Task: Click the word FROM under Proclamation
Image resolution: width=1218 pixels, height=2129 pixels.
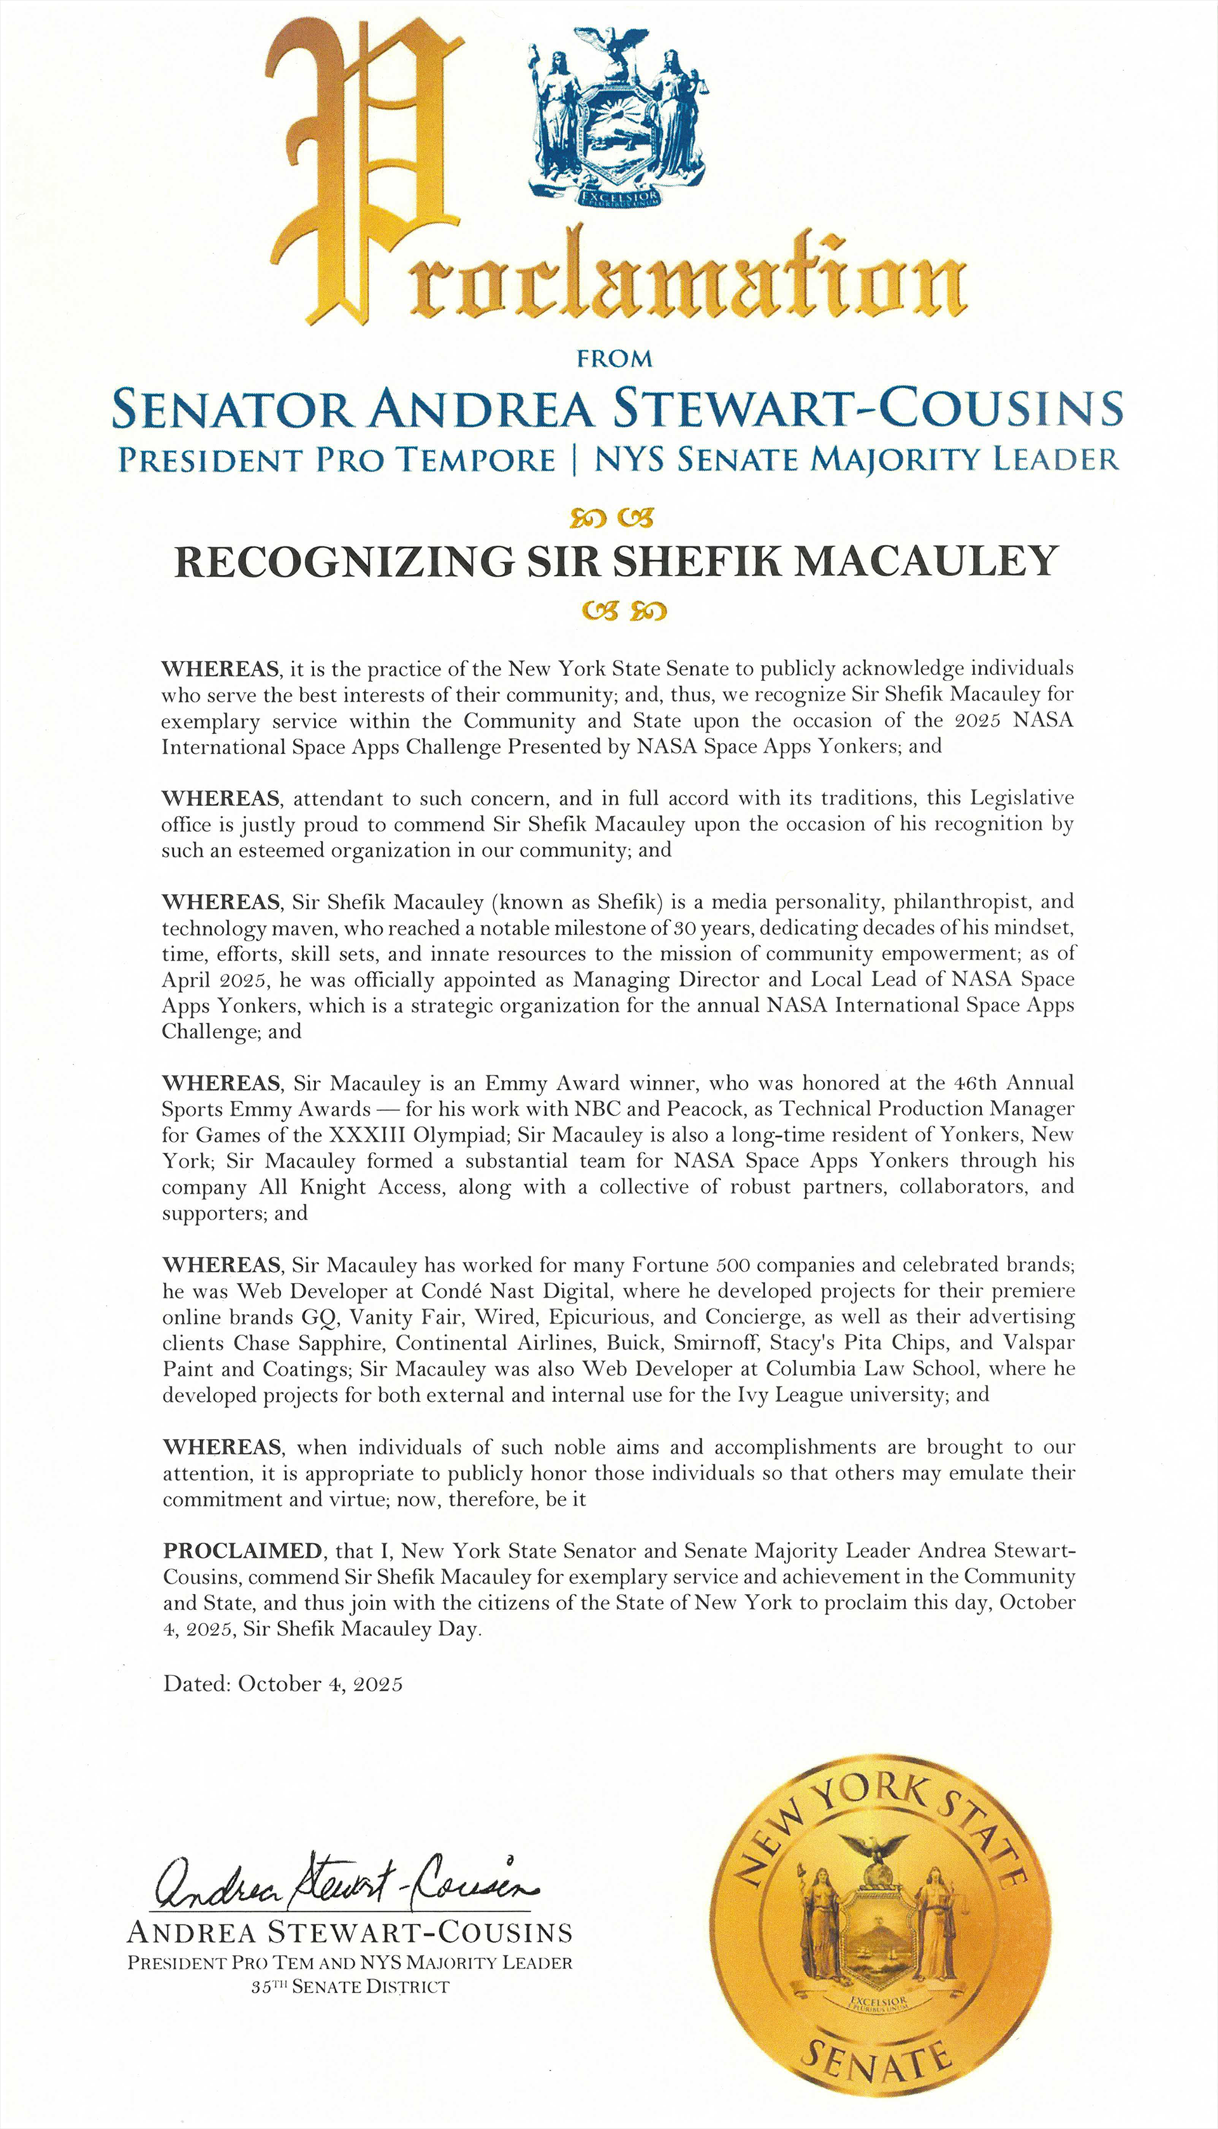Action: coord(614,359)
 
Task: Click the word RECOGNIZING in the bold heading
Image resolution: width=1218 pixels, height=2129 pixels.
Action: coord(343,562)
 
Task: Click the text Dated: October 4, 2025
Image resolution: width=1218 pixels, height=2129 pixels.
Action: coord(283,1684)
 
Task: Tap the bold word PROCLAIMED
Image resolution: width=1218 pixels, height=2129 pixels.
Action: coord(242,1551)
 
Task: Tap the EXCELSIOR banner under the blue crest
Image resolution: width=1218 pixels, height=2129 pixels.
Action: coord(617,197)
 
